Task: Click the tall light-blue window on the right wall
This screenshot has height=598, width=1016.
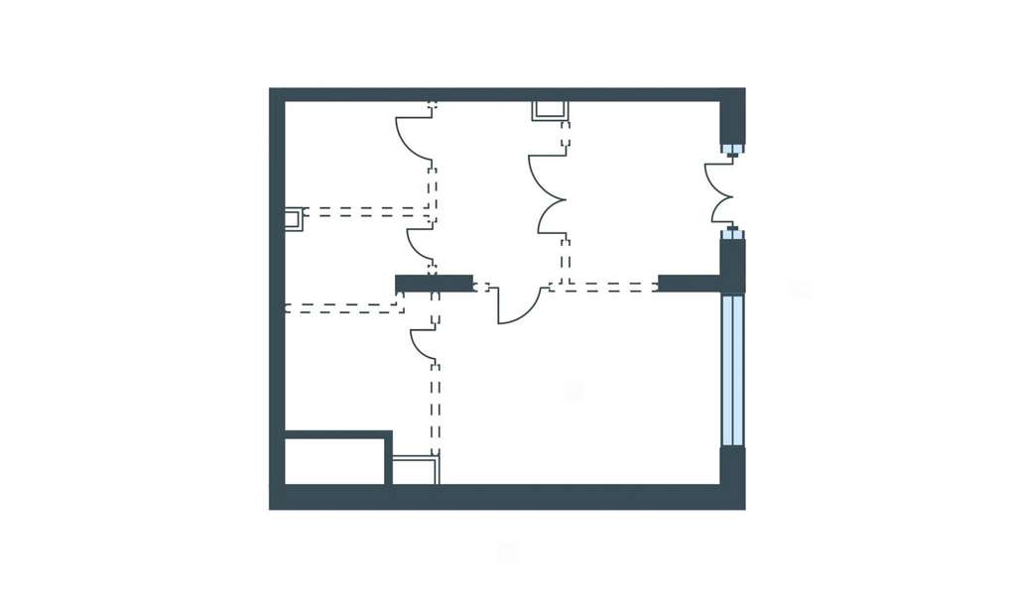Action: [732, 369]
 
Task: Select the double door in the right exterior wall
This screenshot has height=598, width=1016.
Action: [720, 193]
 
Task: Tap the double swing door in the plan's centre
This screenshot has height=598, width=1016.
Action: [549, 194]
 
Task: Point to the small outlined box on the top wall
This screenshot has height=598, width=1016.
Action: [550, 110]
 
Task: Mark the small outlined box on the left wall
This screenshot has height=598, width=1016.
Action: [293, 218]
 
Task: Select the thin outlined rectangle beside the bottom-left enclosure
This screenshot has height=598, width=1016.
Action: [415, 470]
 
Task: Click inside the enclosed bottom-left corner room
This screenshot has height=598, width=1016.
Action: [333, 461]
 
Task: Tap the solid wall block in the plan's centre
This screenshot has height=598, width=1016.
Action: [434, 284]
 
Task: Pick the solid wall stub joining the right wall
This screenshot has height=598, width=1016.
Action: [690, 284]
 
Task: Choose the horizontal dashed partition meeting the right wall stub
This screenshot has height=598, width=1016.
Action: [605, 287]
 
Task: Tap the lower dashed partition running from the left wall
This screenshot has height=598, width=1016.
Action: [341, 308]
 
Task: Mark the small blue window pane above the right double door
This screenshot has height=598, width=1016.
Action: [732, 150]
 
